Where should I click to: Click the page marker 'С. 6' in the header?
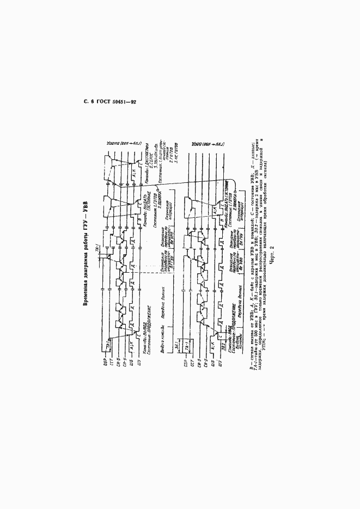[x=87, y=102]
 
